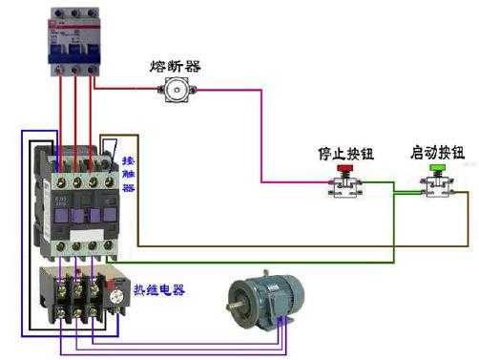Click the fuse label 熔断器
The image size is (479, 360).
pos(175,66)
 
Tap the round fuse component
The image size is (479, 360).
pos(175,90)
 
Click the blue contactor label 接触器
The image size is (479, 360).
pos(129,176)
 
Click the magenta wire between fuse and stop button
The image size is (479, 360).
pos(260,134)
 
